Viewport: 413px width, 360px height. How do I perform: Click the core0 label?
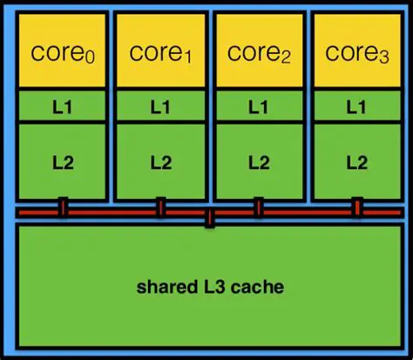(63, 53)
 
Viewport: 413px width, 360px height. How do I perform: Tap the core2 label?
(258, 53)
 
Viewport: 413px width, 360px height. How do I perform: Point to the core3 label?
(355, 53)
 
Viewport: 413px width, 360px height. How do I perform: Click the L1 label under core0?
(63, 107)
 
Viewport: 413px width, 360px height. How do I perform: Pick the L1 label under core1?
(160, 107)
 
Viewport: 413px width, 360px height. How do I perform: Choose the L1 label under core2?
(258, 107)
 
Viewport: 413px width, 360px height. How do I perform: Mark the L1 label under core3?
(356, 107)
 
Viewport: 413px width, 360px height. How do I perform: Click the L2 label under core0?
(63, 161)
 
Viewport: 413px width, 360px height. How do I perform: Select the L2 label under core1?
(160, 161)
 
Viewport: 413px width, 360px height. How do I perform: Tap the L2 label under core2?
(258, 161)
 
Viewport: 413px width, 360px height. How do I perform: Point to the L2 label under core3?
(356, 161)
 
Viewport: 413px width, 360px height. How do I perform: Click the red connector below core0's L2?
(63, 207)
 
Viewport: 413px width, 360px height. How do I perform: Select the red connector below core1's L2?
(160, 207)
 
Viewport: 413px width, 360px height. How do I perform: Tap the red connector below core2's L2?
(258, 207)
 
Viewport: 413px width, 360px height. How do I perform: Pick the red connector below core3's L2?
(357, 207)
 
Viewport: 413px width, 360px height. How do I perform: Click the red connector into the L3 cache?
(209, 218)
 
